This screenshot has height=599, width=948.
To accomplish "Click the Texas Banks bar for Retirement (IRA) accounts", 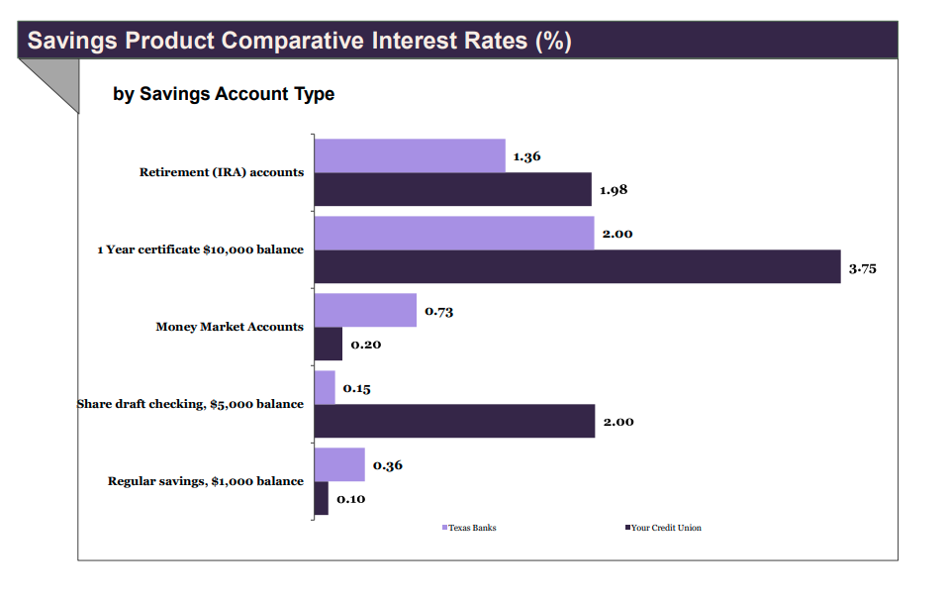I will [x=410, y=155].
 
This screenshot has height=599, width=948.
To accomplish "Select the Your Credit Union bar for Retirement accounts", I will [x=452, y=189].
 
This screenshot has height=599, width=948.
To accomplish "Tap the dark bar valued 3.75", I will [x=577, y=266].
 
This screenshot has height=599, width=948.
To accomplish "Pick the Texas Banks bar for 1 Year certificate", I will [x=454, y=233].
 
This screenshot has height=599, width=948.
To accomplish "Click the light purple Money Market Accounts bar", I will [x=365, y=310].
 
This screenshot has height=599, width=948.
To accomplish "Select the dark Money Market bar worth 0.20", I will [x=329, y=344].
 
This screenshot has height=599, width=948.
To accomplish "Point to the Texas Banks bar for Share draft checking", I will [x=325, y=387].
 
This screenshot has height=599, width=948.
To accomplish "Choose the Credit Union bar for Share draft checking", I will [x=454, y=421].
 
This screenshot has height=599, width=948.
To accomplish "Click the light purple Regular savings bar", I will [x=339, y=464].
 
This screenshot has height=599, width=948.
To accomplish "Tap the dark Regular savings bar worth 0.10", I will [x=322, y=498].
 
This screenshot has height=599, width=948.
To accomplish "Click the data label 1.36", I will [x=526, y=156].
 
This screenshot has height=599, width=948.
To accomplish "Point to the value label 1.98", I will [x=614, y=190].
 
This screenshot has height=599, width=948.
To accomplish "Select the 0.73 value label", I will [x=439, y=311].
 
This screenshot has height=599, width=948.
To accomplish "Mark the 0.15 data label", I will [x=356, y=388].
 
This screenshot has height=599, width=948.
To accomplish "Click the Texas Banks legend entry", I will [x=469, y=528].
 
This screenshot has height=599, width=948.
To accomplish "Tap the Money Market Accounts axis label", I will [x=230, y=327].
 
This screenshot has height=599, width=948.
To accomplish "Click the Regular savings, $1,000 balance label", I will [x=206, y=481].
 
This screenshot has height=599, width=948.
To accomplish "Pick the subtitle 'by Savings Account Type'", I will [x=224, y=94].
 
